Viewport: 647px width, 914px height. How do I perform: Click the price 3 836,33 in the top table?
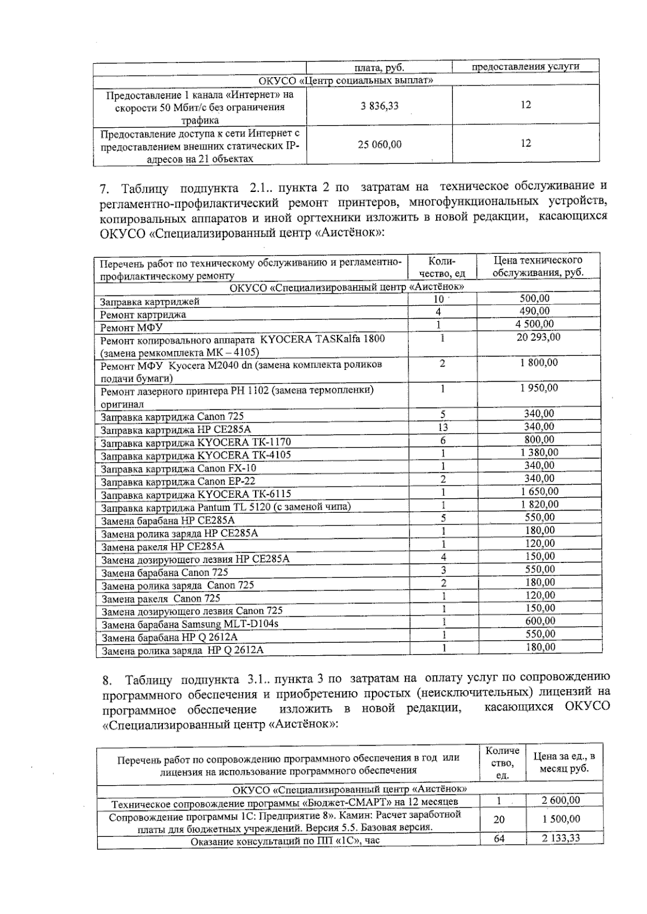[x=380, y=106]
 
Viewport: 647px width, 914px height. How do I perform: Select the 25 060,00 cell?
[x=380, y=145]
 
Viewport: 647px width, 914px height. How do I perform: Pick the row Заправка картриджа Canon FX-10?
[x=178, y=469]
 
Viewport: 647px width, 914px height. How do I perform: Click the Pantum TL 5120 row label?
[x=226, y=507]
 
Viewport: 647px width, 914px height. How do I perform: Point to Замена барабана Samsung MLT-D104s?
[x=190, y=624]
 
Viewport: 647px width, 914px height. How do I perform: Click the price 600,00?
[x=540, y=622]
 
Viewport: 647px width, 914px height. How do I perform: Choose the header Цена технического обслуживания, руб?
[x=538, y=266]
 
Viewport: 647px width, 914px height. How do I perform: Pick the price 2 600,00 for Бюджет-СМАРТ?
[x=561, y=801]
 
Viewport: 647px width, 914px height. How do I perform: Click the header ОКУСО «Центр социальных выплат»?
[x=346, y=81]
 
